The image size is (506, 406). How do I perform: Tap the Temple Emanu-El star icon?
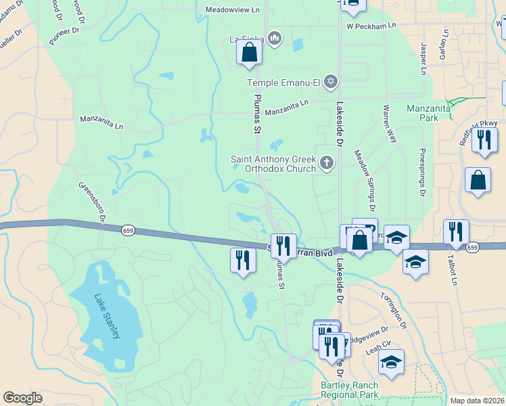pyautogui.click(x=330, y=82)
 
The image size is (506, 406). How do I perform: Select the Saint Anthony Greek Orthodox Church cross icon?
pyautogui.click(x=327, y=162)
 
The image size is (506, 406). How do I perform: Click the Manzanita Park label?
pyautogui.click(x=423, y=112)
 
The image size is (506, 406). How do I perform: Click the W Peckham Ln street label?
pyautogui.click(x=371, y=26)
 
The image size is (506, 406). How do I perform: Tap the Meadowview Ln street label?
pyautogui.click(x=232, y=9)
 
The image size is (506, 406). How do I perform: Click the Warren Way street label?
pyautogui.click(x=390, y=123)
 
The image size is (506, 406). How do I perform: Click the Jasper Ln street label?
pyautogui.click(x=423, y=60)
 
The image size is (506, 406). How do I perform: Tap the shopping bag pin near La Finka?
pyautogui.click(x=249, y=51)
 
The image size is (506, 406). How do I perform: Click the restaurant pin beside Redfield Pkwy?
pyautogui.click(x=484, y=139)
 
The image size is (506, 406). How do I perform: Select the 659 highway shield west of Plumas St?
pyautogui.click(x=127, y=231)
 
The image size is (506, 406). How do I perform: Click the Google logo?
pyautogui.click(x=22, y=398)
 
